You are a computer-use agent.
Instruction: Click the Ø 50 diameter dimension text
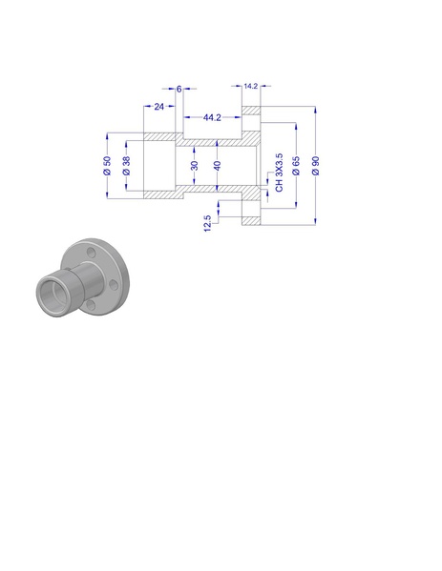[x=108, y=165]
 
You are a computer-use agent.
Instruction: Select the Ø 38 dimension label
[x=126, y=165]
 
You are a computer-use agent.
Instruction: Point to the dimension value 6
[x=179, y=89]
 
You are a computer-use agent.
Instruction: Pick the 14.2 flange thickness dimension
[x=251, y=86]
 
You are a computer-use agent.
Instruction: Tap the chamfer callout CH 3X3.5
[x=279, y=172]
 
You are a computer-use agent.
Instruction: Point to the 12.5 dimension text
[x=207, y=222]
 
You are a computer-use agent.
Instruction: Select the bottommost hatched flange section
[x=251, y=220]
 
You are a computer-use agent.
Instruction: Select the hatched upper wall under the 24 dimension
[x=158, y=136]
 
